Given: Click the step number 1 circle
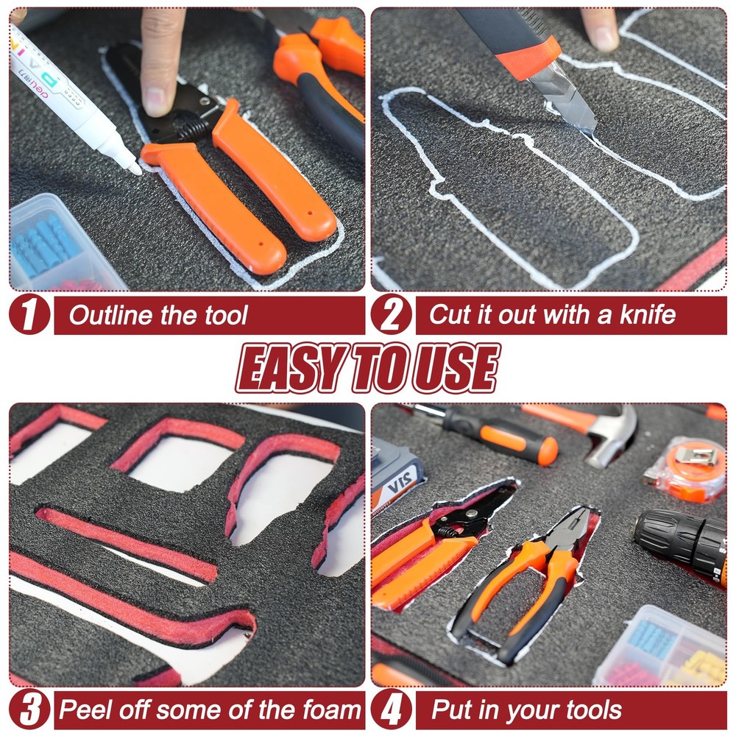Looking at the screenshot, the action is click(x=29, y=314).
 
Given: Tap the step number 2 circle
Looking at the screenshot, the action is click(x=392, y=314).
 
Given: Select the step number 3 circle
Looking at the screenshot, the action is click(x=29, y=709).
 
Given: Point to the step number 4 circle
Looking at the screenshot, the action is click(x=392, y=709).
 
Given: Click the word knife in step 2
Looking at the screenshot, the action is click(x=648, y=314).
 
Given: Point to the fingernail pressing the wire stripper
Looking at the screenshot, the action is click(x=155, y=100).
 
